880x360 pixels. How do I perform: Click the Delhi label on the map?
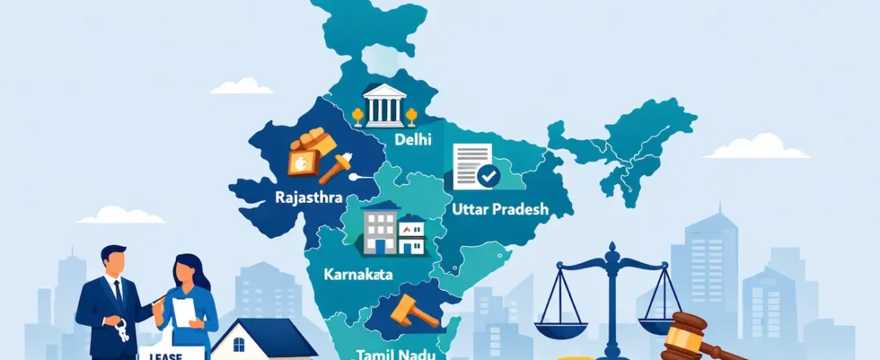pos(413,139)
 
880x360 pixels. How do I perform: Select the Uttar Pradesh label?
pos(502,210)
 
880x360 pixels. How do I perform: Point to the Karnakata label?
pos(358,274)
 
